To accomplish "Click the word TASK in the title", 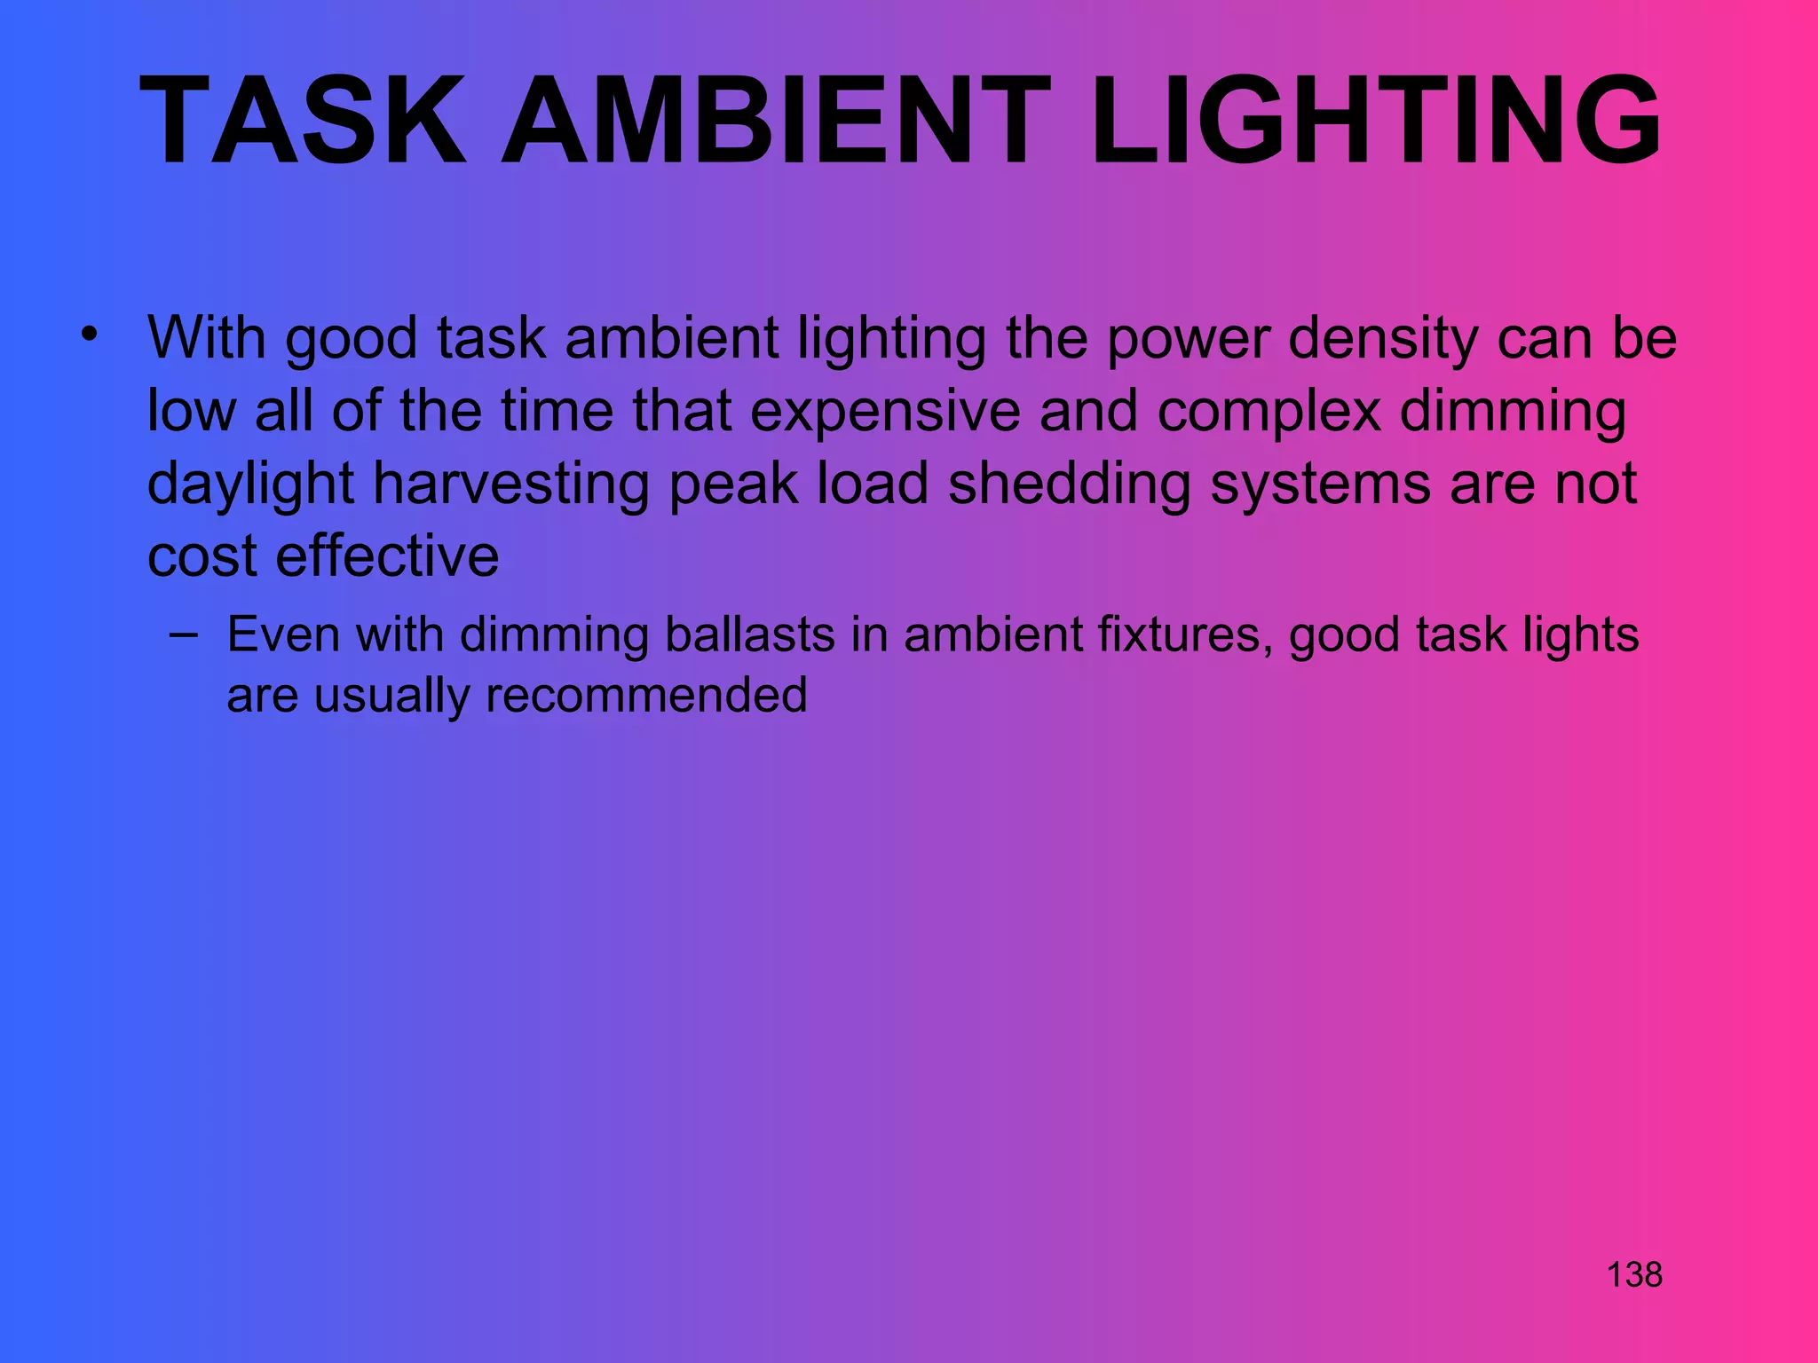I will [x=303, y=121].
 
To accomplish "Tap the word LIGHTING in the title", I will [x=1375, y=121].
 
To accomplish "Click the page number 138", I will [x=1634, y=1275].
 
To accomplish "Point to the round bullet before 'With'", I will [x=88, y=335].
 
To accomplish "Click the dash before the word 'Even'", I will [x=183, y=634].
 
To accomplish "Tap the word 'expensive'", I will [x=885, y=412].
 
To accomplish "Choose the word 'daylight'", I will [x=250, y=485].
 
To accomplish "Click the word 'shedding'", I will [x=1070, y=485].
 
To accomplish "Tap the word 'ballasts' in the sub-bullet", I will [x=750, y=635].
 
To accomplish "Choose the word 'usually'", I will [x=391, y=695].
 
